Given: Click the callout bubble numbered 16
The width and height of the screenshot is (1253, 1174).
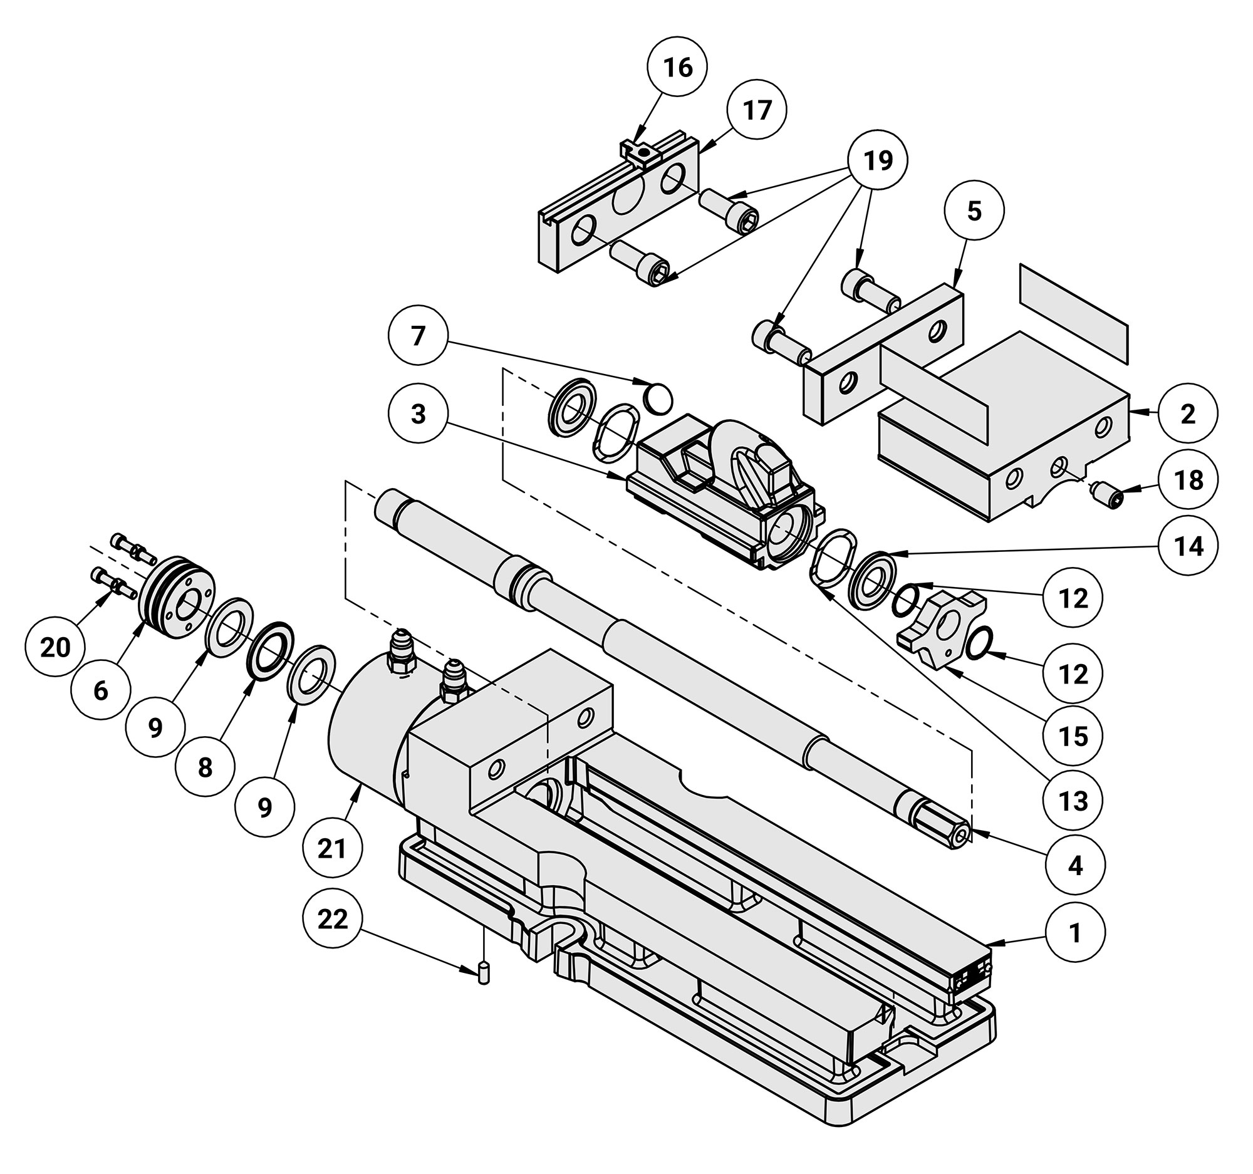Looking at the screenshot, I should click(x=677, y=66).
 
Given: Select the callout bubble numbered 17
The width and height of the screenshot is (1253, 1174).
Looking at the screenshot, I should click(x=756, y=110).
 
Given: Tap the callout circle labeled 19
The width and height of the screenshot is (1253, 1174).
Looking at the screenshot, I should click(x=878, y=161).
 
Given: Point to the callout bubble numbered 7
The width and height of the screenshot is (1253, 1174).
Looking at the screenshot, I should click(x=419, y=335).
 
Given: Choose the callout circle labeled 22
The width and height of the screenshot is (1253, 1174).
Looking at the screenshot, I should click(x=333, y=919).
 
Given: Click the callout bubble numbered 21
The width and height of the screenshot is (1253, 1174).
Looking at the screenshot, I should click(x=332, y=849).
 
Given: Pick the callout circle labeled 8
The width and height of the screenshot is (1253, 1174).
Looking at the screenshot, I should click(x=205, y=767).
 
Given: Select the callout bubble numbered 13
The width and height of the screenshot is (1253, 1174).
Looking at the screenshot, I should click(x=1073, y=801).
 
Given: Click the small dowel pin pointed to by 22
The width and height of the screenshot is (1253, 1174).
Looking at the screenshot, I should click(x=484, y=972).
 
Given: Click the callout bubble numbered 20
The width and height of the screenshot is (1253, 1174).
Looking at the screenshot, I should click(x=55, y=647).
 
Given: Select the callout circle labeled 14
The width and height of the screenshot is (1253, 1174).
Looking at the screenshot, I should click(x=1188, y=546).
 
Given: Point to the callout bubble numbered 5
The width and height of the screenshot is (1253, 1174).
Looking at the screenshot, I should click(x=974, y=211).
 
